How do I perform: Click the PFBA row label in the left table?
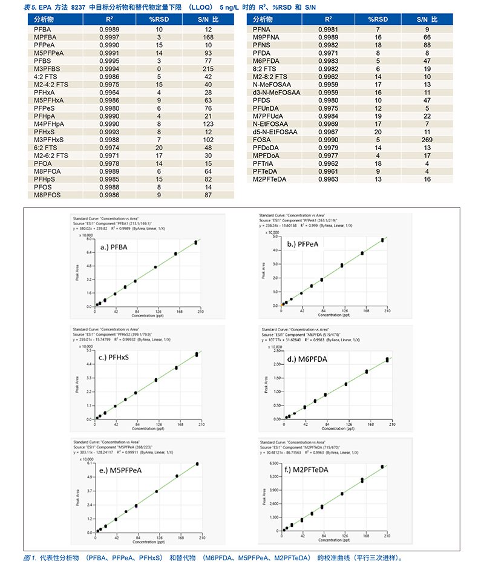[44, 29]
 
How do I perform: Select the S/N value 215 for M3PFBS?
[208, 70]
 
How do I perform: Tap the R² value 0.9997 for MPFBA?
[109, 37]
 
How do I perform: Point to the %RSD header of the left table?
[160, 20]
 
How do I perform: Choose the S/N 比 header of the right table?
[427, 20]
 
